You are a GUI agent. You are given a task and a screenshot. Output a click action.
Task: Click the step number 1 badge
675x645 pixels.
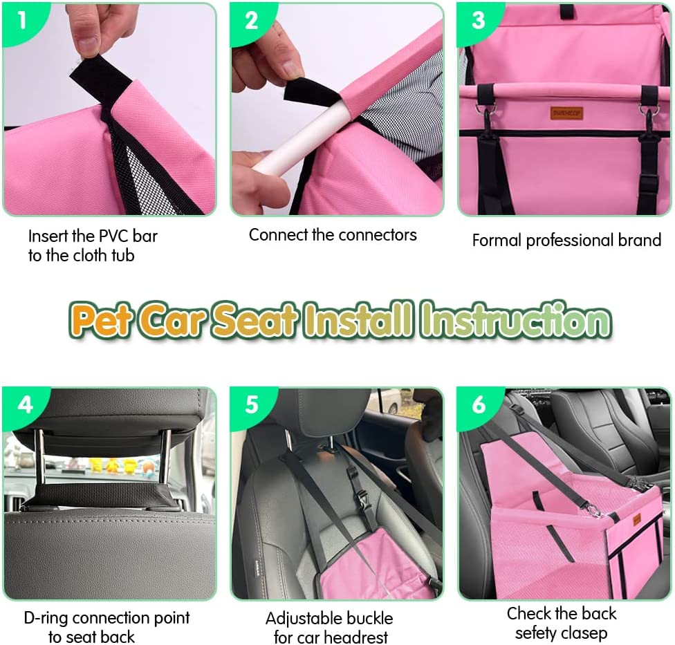coord(21,20)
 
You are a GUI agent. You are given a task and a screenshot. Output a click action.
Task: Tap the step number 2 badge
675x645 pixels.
coord(251,21)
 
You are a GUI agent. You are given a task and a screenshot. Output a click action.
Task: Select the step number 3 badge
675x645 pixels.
coord(479,21)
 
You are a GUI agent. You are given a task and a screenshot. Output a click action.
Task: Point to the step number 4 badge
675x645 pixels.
coord(25,405)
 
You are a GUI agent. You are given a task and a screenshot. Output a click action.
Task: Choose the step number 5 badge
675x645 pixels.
coord(252,405)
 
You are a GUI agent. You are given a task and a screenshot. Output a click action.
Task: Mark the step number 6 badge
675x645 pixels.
coord(479,405)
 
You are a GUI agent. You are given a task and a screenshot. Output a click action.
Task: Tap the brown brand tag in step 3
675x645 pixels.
coord(566,113)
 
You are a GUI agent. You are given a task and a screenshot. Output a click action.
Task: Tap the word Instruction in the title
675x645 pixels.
coord(516,320)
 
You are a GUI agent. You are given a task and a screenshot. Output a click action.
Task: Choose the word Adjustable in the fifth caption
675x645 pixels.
coord(299,619)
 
